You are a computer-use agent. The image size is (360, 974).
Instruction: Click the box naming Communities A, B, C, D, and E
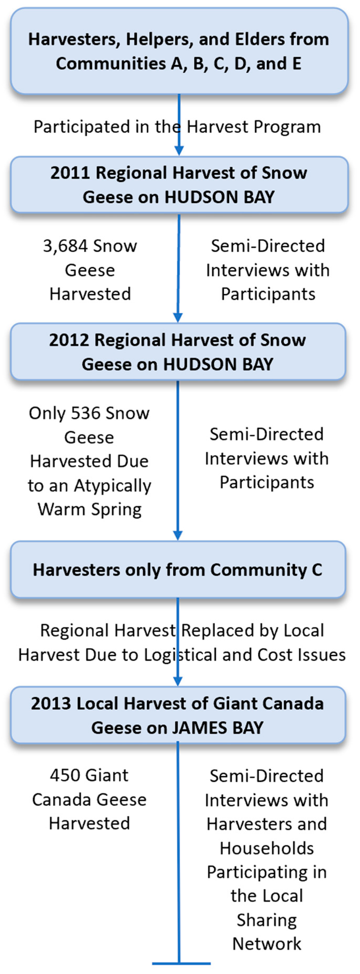[179, 51]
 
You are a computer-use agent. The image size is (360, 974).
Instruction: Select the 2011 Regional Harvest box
[179, 185]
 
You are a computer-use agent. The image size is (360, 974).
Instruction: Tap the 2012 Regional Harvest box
[178, 352]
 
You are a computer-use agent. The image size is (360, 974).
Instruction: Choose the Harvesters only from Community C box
[178, 569]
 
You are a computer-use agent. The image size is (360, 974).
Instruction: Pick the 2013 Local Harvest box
[178, 715]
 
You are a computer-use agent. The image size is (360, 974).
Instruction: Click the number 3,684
[65, 246]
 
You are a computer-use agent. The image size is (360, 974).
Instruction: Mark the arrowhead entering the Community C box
[178, 535]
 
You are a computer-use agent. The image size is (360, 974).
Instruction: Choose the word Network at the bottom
[267, 944]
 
